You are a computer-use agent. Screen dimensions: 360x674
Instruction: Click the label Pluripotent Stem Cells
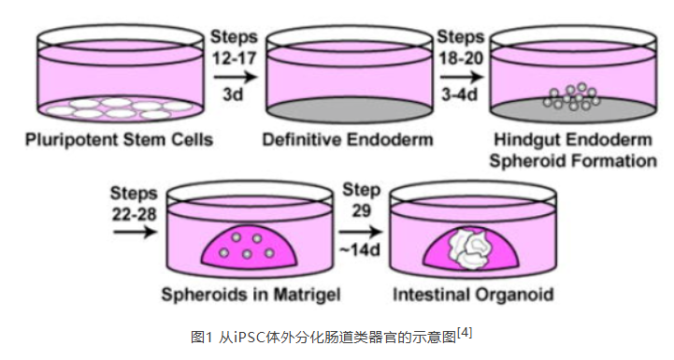(119, 141)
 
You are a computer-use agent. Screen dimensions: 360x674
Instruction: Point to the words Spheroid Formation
(572, 161)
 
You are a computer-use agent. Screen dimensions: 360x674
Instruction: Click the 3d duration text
(230, 94)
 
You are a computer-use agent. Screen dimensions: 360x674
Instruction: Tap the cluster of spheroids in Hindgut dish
(571, 97)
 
